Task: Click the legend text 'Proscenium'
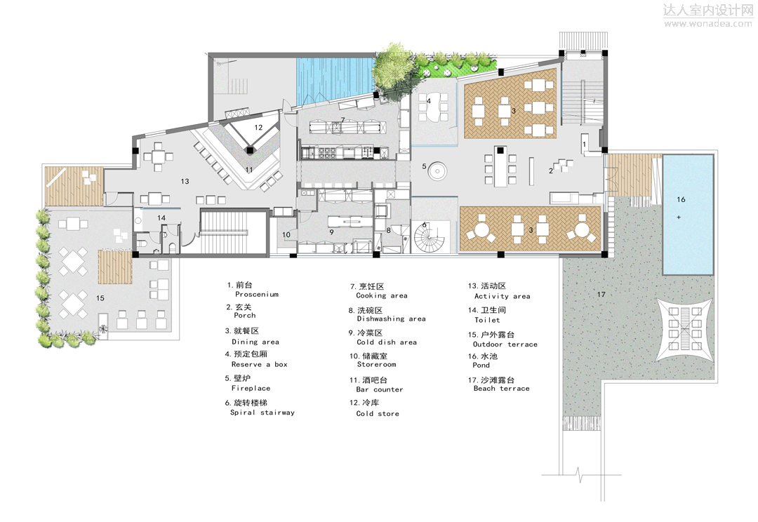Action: pos(257,295)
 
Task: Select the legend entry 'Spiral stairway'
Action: pos(262,413)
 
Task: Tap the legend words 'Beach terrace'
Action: pos(501,389)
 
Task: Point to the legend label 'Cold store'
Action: pos(378,414)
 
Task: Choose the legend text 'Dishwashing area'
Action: pos(391,319)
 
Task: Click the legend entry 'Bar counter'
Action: pos(380,389)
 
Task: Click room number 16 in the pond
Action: pos(681,200)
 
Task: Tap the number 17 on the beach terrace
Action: pos(601,294)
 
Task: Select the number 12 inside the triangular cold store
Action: pos(258,128)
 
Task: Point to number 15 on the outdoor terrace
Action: pos(100,299)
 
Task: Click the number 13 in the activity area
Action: pos(185,182)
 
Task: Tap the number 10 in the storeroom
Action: pos(286,235)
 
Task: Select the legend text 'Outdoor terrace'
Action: pos(505,344)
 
